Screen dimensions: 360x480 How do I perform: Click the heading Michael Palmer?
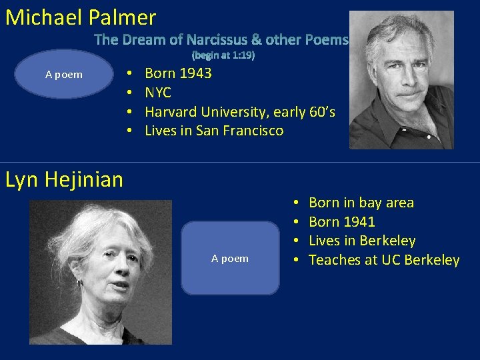click(x=81, y=17)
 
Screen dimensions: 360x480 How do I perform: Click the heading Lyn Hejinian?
click(x=64, y=179)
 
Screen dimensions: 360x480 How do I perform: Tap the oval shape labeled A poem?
click(x=64, y=74)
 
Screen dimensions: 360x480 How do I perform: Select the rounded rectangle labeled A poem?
click(x=230, y=258)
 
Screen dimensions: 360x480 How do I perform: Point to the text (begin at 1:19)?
click(x=223, y=56)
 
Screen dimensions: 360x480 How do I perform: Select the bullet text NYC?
click(x=158, y=93)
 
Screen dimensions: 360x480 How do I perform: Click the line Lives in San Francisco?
click(x=214, y=131)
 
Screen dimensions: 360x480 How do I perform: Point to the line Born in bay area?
click(x=361, y=203)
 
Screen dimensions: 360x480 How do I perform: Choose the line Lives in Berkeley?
click(x=362, y=241)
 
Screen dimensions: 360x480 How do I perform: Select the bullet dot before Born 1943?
click(x=129, y=73)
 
